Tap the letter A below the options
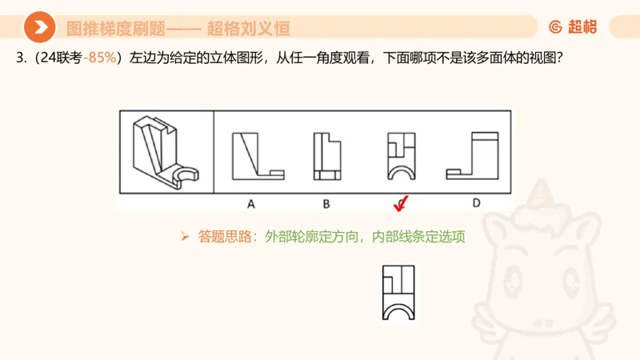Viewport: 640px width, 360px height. pyautogui.click(x=250, y=203)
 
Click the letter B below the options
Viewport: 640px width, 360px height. pyautogui.click(x=326, y=203)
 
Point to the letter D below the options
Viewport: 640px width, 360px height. pyautogui.click(x=477, y=203)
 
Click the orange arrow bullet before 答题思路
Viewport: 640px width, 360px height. pyautogui.click(x=184, y=237)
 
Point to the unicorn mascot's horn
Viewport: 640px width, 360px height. pyautogui.click(x=544, y=192)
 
